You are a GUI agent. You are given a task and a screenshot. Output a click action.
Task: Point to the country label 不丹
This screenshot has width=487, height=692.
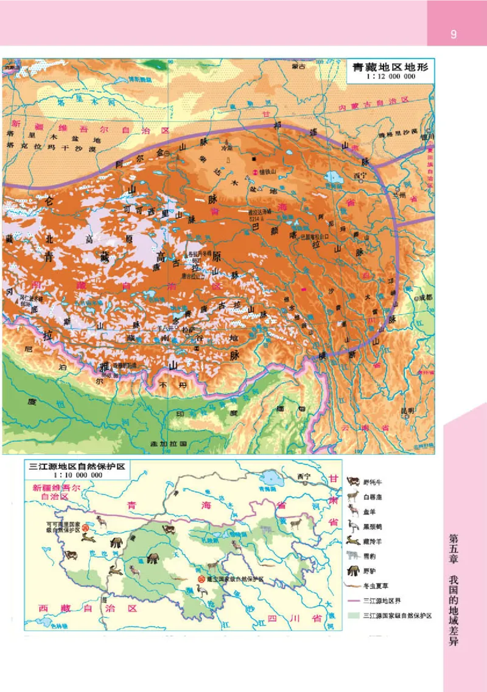[166, 385]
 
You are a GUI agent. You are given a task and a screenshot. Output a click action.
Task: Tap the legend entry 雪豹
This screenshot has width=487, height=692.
[369, 555]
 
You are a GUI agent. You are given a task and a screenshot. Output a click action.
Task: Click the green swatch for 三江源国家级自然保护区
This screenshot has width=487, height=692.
[352, 615]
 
